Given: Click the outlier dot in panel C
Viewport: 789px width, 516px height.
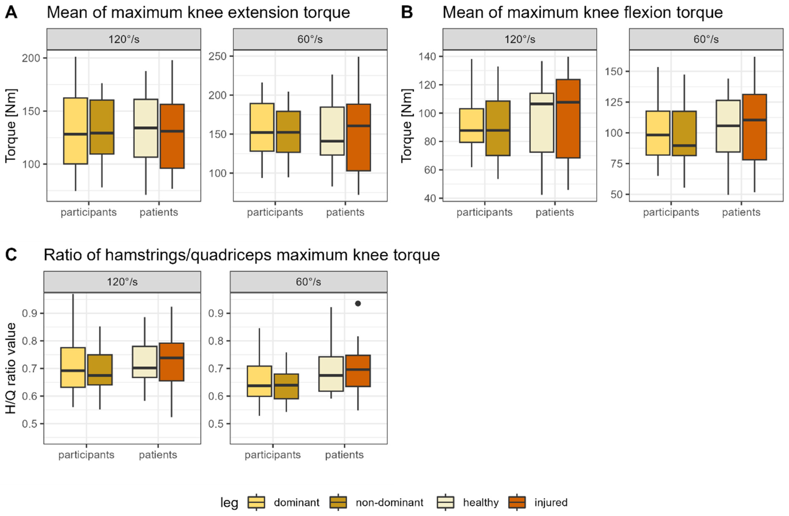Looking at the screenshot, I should [358, 303].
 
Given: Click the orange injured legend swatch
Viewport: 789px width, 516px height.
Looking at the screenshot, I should [517, 502].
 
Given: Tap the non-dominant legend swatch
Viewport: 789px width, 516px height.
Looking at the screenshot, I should [338, 502].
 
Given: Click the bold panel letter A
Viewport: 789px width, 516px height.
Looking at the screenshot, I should [11, 13].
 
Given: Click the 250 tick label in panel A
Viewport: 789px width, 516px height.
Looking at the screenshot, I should [217, 56].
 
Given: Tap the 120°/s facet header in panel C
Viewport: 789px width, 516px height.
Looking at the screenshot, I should [122, 282].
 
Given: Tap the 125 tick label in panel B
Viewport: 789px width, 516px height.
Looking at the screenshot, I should [614, 102].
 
